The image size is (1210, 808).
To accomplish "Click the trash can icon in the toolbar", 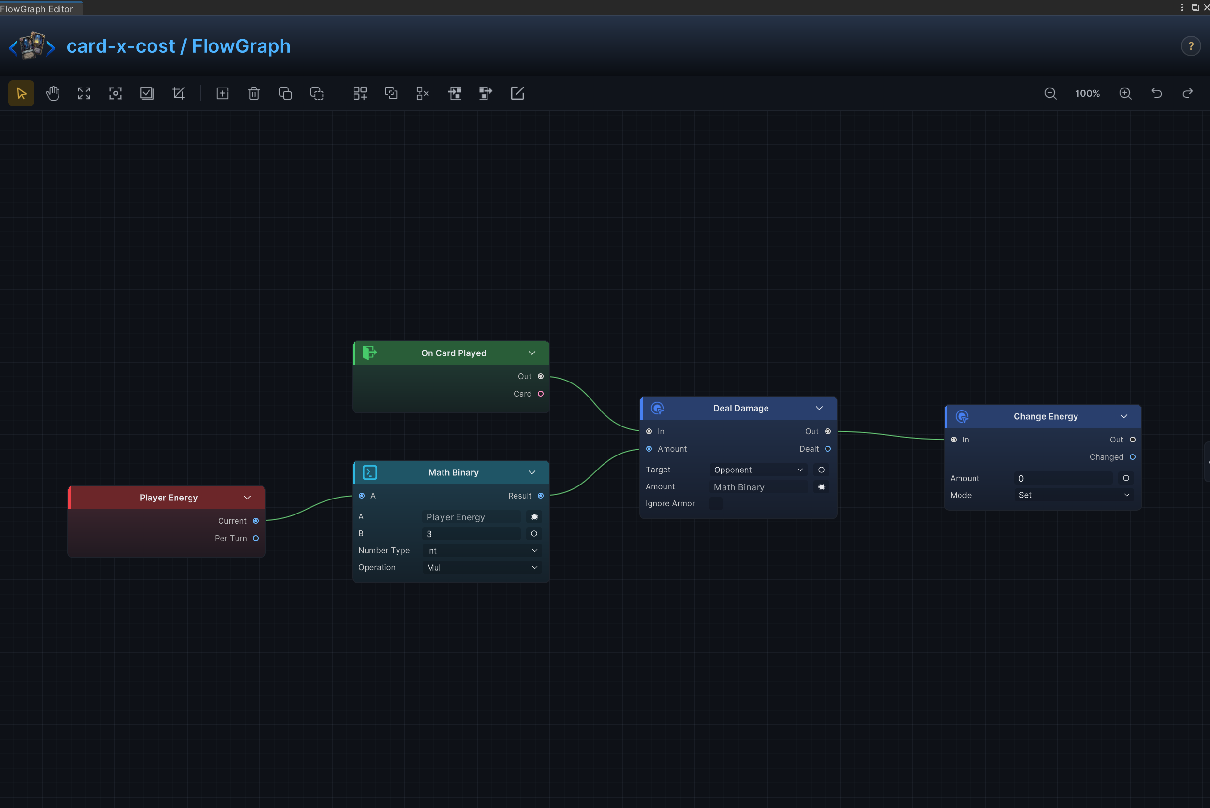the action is [253, 93].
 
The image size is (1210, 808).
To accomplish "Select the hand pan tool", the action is [53, 93].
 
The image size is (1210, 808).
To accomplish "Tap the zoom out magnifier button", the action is [1050, 93].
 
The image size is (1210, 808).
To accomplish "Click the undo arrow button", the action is [1157, 93].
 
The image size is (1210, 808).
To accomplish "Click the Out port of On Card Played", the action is [541, 376].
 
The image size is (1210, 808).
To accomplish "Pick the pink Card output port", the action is [541, 394].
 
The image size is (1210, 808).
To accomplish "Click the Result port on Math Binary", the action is [541, 496].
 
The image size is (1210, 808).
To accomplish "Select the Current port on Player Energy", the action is [256, 521].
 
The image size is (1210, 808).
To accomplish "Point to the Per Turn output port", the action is [256, 539].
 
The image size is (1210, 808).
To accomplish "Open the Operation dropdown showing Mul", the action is [482, 567].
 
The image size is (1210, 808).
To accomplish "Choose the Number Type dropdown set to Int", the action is [482, 551].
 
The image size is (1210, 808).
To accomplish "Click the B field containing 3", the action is [471, 534].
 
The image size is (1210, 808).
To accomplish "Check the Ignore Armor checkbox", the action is [716, 503].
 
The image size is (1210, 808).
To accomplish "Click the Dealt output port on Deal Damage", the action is [828, 449].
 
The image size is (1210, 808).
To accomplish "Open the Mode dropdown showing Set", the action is [1074, 495].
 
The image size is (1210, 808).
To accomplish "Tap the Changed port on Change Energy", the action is [1133, 457].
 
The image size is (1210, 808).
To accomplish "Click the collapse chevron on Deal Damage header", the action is [819, 408].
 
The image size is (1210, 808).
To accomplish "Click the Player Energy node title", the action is [168, 498].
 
